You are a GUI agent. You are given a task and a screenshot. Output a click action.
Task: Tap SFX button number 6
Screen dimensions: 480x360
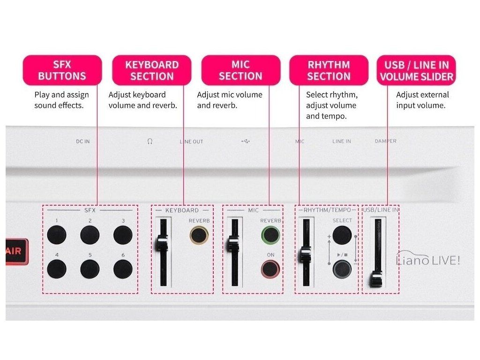point(122,268)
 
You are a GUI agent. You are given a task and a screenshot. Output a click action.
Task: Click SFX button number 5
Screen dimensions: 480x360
point(90,268)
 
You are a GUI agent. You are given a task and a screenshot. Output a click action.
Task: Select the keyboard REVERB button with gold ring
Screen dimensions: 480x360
point(199,234)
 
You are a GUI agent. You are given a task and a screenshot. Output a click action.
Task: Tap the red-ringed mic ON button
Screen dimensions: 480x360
point(270,269)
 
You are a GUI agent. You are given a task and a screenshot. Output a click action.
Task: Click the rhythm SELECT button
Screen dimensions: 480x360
point(343,234)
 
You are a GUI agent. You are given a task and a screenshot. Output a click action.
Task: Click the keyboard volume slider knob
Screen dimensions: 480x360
point(162,243)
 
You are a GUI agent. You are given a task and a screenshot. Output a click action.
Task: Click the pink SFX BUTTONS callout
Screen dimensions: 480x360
point(62,70)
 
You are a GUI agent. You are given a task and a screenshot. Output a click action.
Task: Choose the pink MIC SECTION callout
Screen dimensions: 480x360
point(241,70)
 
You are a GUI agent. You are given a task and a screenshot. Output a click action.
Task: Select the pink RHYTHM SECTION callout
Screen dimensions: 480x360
point(329,70)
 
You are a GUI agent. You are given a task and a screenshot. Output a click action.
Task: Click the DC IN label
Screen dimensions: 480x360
point(82,141)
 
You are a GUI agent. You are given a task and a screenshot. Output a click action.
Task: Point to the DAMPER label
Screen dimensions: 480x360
point(385,141)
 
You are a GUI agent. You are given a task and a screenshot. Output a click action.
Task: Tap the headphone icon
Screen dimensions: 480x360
point(150,141)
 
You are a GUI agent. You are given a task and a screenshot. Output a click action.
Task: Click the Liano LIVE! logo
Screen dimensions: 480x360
point(427,260)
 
